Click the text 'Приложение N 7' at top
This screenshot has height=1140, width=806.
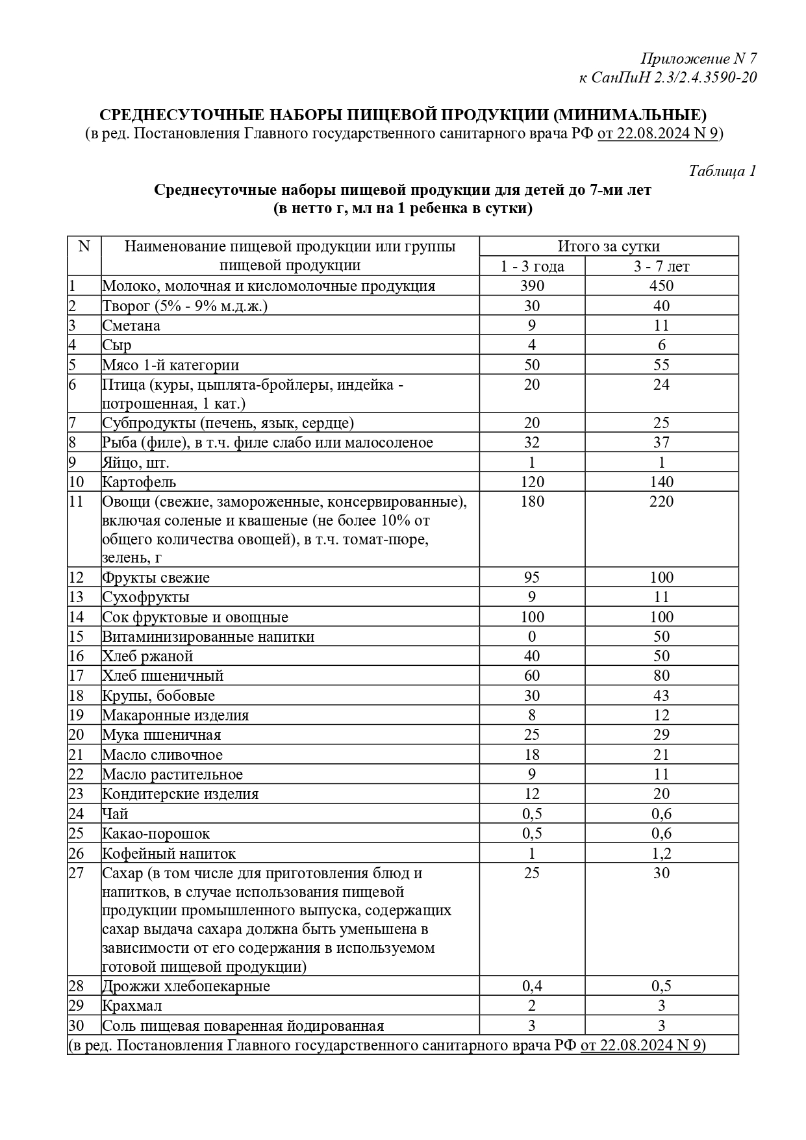pyautogui.click(x=699, y=58)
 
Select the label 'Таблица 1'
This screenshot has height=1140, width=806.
pyautogui.click(x=722, y=171)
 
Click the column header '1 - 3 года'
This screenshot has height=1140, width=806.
pyautogui.click(x=532, y=266)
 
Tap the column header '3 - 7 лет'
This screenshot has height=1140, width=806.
pyautogui.click(x=661, y=266)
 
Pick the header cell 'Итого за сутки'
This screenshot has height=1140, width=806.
pyautogui.click(x=609, y=246)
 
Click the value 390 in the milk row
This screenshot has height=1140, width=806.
pyautogui.click(x=532, y=286)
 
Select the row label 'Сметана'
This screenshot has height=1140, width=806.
pyautogui.click(x=131, y=325)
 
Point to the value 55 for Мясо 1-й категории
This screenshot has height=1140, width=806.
pyautogui.click(x=661, y=365)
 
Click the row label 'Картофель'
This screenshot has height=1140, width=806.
pyautogui.click(x=139, y=482)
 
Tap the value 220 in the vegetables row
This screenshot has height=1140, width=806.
pyautogui.click(x=661, y=501)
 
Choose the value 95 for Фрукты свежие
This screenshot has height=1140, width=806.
pyautogui.click(x=532, y=577)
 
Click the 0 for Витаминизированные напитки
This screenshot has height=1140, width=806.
pyautogui.click(x=532, y=637)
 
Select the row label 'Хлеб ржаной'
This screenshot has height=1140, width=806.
pyautogui.click(x=147, y=656)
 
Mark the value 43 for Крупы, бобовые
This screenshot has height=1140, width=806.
pyautogui.click(x=661, y=696)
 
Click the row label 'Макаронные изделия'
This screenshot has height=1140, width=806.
pyautogui.click(x=175, y=715)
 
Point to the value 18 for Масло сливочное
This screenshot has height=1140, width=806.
pyautogui.click(x=532, y=755)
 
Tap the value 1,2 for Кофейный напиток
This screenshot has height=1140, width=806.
pyautogui.click(x=661, y=854)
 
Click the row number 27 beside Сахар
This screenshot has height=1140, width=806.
pyautogui.click(x=77, y=873)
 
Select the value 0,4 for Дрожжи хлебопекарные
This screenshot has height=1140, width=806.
pyautogui.click(x=532, y=986)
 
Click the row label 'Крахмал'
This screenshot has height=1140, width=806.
pyautogui.click(x=132, y=1006)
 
